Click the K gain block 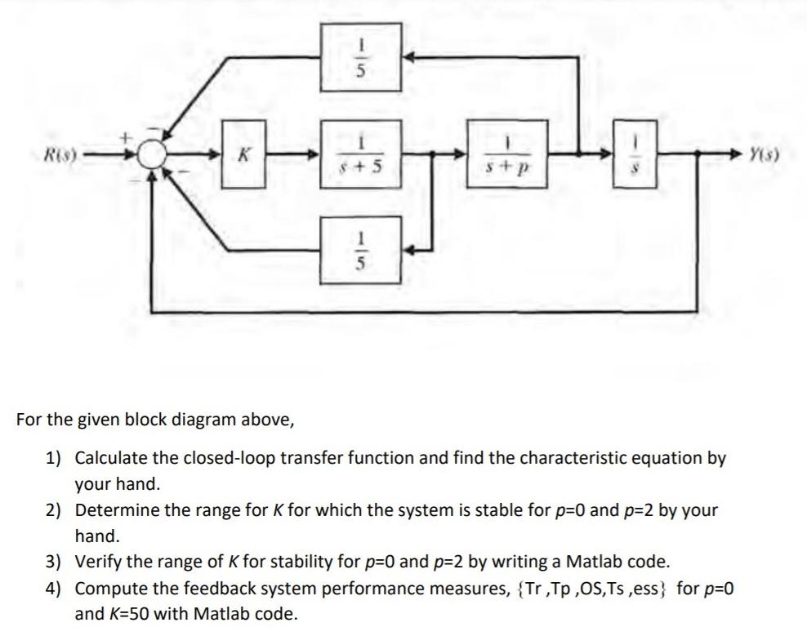coord(242,153)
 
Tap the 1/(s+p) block coord(506,153)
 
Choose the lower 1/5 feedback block coord(360,248)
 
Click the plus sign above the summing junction coord(127,140)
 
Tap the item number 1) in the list coord(54,458)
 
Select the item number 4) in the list coord(54,589)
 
